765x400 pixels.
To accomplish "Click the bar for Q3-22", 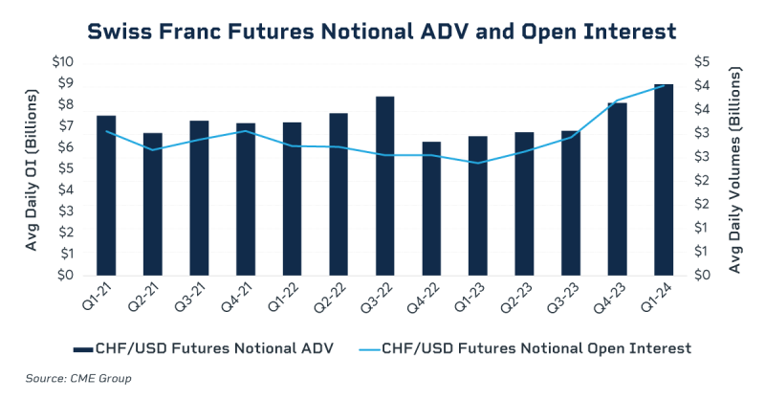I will (x=385, y=186).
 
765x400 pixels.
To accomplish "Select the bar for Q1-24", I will (x=665, y=180).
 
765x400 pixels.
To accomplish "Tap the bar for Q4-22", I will (x=431, y=209).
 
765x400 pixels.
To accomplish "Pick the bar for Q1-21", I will (x=106, y=195).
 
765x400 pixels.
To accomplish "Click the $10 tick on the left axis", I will (x=62, y=62).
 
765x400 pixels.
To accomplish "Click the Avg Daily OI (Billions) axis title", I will (x=31, y=169).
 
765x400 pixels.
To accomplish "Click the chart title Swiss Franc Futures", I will (x=382, y=31).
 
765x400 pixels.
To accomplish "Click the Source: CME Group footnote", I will (x=78, y=378).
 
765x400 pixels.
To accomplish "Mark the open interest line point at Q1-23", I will (x=478, y=163).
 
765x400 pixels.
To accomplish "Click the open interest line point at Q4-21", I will (x=246, y=131).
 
